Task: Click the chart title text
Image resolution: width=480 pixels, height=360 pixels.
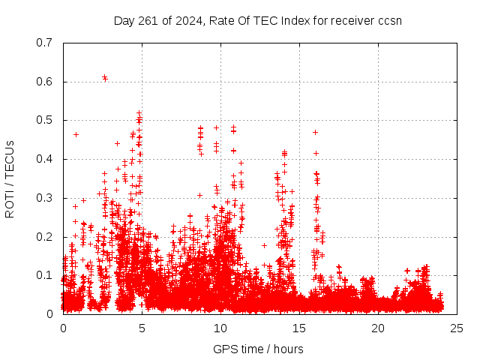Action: tap(257, 20)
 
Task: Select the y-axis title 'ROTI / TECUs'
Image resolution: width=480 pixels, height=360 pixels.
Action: tap(10, 178)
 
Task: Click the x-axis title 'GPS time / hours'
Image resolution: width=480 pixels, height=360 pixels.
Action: tap(258, 349)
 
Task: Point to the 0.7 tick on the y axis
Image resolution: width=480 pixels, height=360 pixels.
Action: tap(46, 43)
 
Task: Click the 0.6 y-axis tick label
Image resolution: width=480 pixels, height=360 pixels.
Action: tap(46, 82)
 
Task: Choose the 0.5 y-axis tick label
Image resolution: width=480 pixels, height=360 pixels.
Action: tap(46, 121)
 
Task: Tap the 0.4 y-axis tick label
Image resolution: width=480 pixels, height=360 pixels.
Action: tap(46, 159)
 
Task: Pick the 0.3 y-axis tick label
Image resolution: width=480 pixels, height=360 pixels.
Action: tap(46, 198)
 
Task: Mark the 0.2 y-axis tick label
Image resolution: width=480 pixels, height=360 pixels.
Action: tap(46, 237)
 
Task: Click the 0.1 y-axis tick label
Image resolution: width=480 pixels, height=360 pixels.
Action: tap(46, 275)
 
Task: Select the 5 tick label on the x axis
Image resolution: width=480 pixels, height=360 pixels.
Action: tap(142, 328)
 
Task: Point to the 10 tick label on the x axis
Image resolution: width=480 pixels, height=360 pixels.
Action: tap(220, 328)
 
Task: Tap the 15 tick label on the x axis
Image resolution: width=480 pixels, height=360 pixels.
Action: tap(299, 328)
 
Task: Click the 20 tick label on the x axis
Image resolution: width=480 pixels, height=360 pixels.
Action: tap(378, 328)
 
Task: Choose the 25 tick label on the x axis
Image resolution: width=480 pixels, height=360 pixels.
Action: tap(457, 328)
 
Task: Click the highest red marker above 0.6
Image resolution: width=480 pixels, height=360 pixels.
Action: tap(104, 76)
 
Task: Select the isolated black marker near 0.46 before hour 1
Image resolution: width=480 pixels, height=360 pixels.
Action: tap(76, 134)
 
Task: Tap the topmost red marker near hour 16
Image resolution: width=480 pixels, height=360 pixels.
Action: tap(315, 132)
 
